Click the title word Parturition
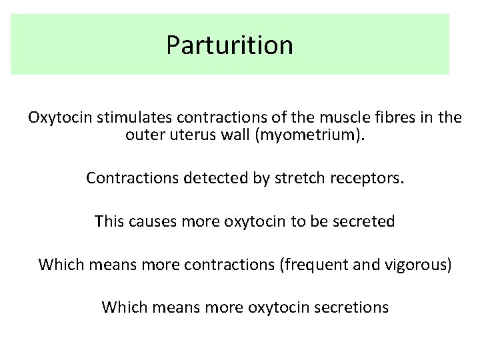229,45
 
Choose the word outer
143,137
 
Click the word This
110,221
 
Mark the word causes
151,221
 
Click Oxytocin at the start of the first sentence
59,119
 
